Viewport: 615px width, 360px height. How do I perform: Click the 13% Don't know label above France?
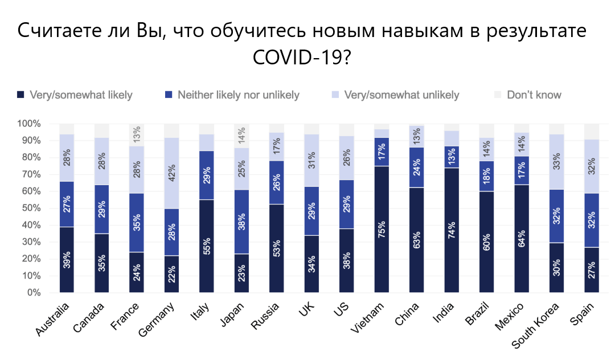(x=137, y=134)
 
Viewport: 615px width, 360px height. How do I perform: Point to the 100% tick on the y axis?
(x=28, y=124)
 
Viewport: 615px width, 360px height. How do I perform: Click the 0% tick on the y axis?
(x=33, y=293)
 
